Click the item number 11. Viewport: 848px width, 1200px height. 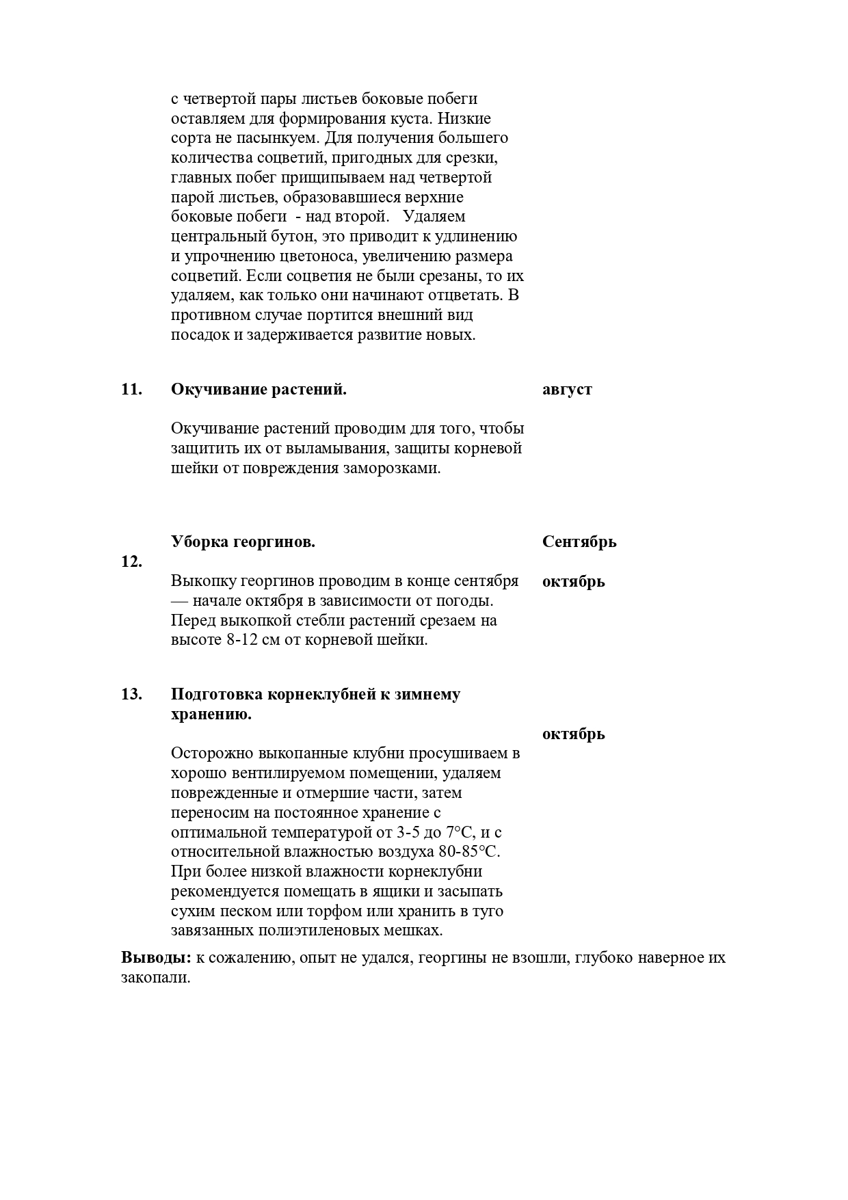tap(131, 390)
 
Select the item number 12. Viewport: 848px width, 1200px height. tap(131, 562)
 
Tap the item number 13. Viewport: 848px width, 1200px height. tap(131, 694)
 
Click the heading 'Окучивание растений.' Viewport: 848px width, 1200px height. tap(259, 390)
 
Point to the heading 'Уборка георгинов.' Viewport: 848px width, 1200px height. tap(243, 542)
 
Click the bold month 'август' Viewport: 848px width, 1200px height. tap(567, 390)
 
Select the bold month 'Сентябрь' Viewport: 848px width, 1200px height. tap(579, 542)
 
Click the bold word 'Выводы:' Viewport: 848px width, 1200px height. tap(156, 957)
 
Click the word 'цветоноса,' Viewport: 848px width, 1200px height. tap(319, 257)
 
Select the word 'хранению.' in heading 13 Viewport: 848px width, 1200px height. tap(211, 715)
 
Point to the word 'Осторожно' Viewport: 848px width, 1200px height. tap(213, 754)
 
